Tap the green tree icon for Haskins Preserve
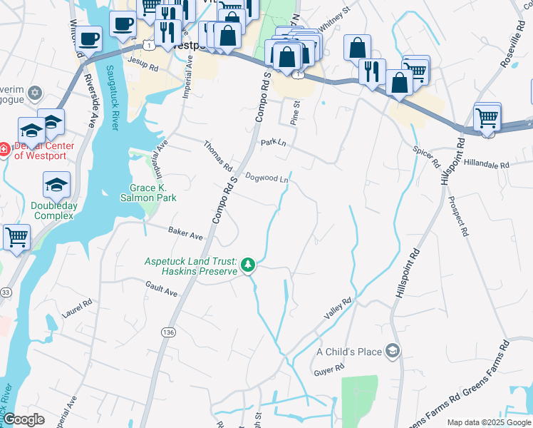pyautogui.click(x=248, y=265)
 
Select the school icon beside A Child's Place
pyautogui.click(x=391, y=351)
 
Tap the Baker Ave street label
pyautogui.click(x=186, y=233)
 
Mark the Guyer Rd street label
pyautogui.click(x=329, y=370)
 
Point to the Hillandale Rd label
pyautogui.click(x=486, y=165)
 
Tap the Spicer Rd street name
pyautogui.click(x=426, y=156)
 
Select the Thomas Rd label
pyautogui.click(x=218, y=156)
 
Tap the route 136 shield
pyautogui.click(x=168, y=332)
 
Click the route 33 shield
pyautogui.click(x=6, y=292)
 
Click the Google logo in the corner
pyautogui.click(x=24, y=419)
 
